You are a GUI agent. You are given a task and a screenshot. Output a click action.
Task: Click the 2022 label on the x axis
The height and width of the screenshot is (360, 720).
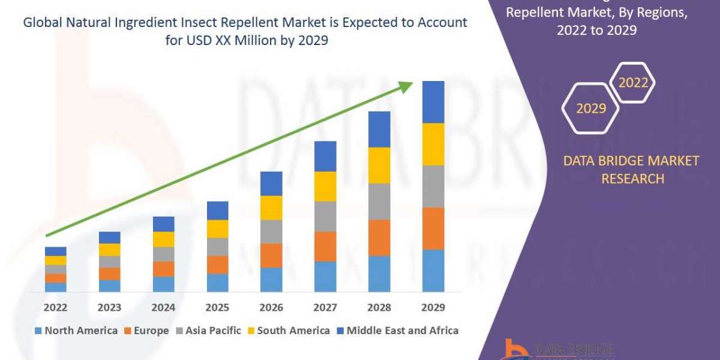point(56,308)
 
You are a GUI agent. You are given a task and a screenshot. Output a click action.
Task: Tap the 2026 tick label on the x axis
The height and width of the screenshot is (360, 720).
point(271,308)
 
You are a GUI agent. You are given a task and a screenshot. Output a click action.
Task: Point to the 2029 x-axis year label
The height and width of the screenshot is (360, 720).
point(433,308)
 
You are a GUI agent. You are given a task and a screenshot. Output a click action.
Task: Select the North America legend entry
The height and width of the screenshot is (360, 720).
point(76,331)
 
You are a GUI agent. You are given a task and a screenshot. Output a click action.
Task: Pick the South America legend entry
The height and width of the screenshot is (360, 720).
point(288,331)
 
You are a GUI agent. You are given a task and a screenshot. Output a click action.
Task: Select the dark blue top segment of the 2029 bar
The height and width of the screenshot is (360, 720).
point(433,102)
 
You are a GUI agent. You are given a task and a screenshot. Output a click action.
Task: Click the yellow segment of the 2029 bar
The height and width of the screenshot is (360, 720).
point(433,144)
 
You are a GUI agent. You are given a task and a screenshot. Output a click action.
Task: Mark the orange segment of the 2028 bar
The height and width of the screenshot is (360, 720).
point(379,238)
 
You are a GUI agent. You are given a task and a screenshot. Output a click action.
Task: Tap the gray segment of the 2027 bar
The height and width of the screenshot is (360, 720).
point(325,216)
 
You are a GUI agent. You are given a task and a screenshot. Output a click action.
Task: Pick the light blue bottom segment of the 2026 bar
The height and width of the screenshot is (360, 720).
point(271,280)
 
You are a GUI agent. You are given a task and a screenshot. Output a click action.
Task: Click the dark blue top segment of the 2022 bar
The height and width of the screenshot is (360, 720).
point(56,251)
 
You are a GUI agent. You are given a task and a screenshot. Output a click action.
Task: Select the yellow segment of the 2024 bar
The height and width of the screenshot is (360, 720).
point(164,239)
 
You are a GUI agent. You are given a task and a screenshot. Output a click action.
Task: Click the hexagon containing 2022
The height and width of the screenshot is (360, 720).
point(632,83)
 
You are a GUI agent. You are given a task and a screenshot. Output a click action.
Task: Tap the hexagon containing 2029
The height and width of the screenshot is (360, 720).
point(590,109)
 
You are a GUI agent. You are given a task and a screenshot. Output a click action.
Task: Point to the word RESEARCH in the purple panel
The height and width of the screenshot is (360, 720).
point(632,179)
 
